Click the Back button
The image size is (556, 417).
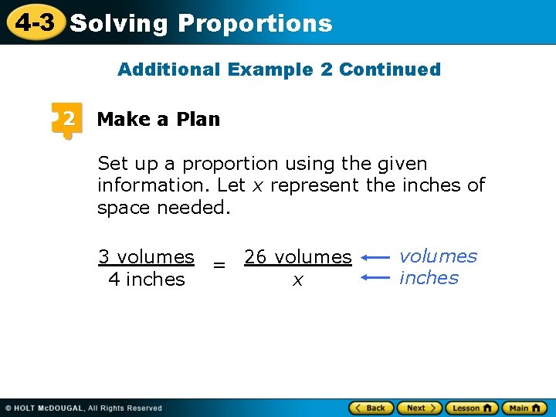(372, 408)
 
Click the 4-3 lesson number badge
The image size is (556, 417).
(35, 22)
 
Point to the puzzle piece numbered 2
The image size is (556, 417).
(67, 120)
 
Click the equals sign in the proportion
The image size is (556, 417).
(219, 266)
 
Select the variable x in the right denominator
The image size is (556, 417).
(297, 281)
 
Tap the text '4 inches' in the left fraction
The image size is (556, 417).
(147, 279)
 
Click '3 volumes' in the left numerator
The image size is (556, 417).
(146, 256)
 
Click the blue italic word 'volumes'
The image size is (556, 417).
(438, 256)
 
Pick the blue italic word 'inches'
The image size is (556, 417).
(429, 278)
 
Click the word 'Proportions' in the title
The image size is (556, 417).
(255, 23)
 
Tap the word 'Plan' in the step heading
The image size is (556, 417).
(198, 119)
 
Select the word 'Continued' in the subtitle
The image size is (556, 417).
(390, 69)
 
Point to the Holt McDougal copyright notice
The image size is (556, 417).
(83, 408)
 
